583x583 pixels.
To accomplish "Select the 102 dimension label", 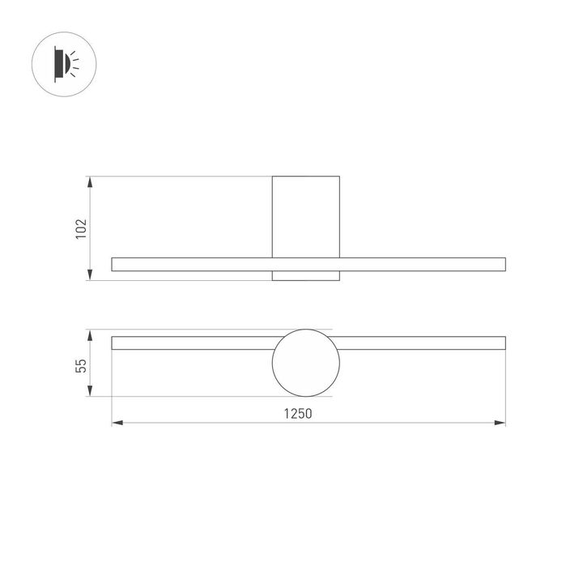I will click(80, 228).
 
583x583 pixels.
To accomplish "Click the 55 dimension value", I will click(80, 364).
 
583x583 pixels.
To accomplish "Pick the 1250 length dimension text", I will click(298, 413).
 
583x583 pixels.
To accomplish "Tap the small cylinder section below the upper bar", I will click(305, 275).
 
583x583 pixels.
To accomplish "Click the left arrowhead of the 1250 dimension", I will click(116, 423).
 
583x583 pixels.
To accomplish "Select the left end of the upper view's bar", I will click(113, 264).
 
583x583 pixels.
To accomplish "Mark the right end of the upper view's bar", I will click(504, 264).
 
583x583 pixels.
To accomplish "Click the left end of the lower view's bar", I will click(113, 343).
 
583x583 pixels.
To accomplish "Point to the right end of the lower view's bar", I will click(504, 343).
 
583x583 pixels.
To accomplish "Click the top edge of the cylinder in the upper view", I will click(305, 176).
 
